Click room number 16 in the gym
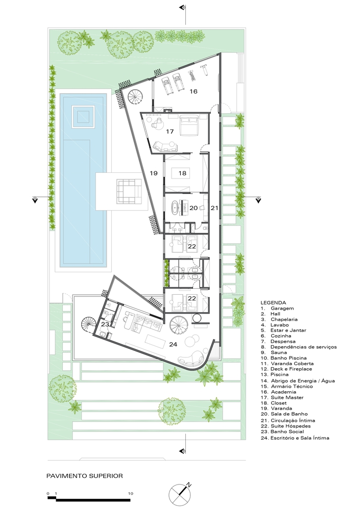point(194,91)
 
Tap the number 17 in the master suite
point(170,132)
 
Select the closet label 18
point(182,173)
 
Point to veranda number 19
point(154,173)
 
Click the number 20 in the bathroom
point(194,208)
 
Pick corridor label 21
point(214,208)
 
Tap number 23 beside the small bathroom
point(105,324)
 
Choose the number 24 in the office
point(173,344)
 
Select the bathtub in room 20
point(176,208)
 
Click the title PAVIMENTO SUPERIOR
point(85,476)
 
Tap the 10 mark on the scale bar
point(131,493)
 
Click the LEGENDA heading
point(273,302)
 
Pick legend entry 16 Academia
point(278,392)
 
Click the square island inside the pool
point(83,117)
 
